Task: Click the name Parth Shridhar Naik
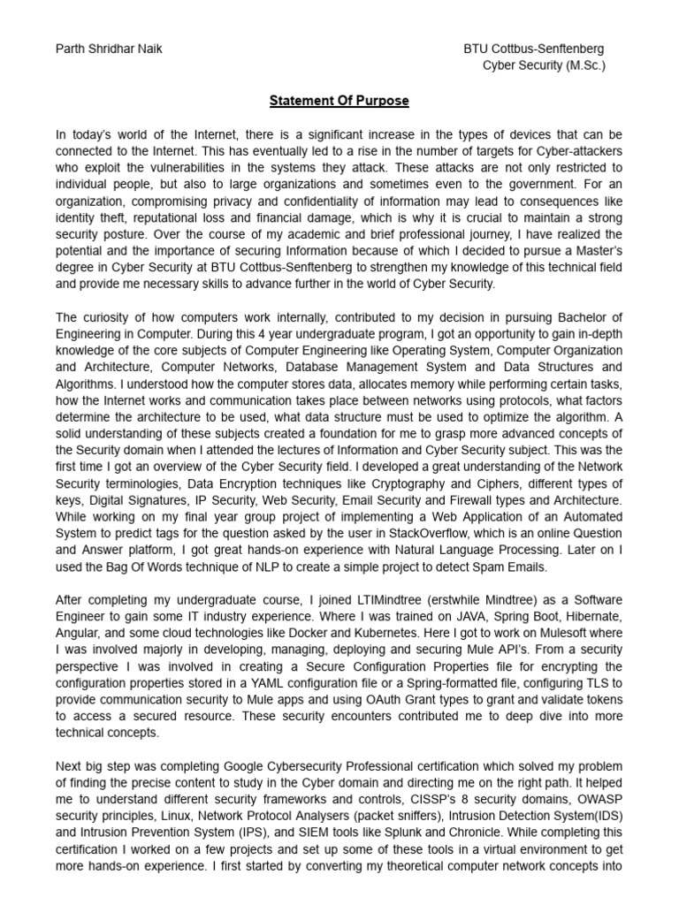click(x=109, y=49)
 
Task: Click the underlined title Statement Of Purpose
click(x=339, y=101)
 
